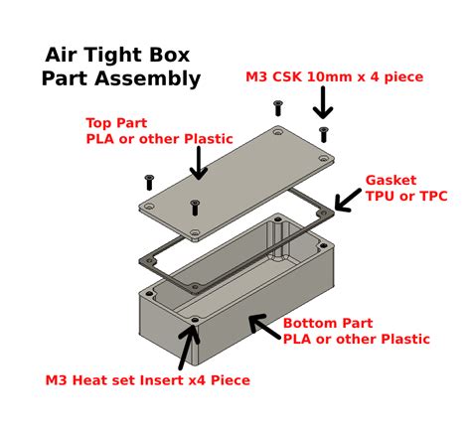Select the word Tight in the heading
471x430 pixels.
tap(115, 55)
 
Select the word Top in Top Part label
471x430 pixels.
tap(100, 122)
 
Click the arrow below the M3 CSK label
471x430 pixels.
tap(323, 102)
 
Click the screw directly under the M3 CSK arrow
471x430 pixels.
tap(323, 132)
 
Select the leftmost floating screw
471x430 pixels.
tap(150, 182)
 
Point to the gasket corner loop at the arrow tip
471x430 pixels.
tap(324, 214)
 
